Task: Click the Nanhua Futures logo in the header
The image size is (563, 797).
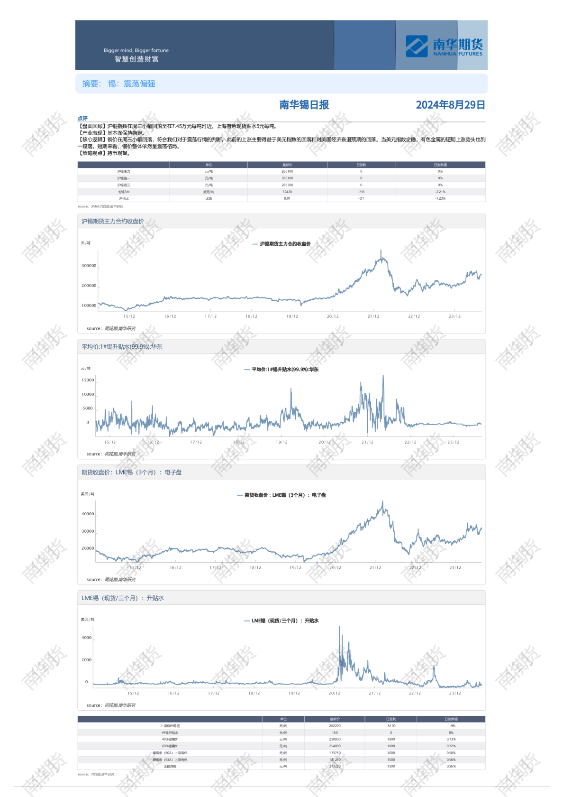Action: click(x=444, y=46)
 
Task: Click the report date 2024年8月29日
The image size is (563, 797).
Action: click(x=450, y=105)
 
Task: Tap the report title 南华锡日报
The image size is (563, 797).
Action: click(x=304, y=105)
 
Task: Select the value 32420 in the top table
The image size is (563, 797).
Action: click(x=287, y=192)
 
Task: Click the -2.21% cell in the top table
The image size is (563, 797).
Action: click(x=440, y=192)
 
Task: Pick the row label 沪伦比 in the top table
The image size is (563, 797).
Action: click(x=124, y=199)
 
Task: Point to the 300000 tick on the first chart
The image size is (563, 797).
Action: click(x=89, y=266)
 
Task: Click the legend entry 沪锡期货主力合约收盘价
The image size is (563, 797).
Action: click(x=285, y=244)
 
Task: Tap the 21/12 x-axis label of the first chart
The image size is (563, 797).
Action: click(x=373, y=316)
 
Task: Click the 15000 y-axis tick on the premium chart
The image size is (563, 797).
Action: click(x=88, y=380)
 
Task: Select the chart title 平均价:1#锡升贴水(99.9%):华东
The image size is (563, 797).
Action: click(x=122, y=347)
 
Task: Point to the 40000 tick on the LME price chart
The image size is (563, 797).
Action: click(x=88, y=514)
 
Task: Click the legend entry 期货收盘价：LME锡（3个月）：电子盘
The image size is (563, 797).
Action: click(x=285, y=495)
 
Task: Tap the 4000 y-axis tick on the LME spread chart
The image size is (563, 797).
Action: click(x=87, y=638)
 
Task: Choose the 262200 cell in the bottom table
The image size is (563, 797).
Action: click(x=335, y=726)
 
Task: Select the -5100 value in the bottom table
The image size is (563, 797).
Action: click(x=391, y=726)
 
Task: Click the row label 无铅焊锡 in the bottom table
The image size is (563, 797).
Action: click(x=170, y=767)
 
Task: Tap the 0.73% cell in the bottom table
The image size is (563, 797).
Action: click(x=451, y=740)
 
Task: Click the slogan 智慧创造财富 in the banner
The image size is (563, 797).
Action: click(x=136, y=59)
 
